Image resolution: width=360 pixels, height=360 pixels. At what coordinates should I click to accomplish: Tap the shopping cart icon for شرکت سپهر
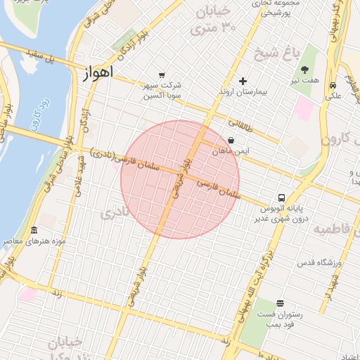click(x=162, y=75)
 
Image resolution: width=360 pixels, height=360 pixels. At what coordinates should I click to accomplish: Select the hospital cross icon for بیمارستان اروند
click(x=243, y=81)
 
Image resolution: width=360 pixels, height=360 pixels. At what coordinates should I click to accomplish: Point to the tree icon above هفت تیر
click(x=305, y=70)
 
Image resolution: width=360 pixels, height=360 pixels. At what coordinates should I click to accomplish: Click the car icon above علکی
click(x=332, y=85)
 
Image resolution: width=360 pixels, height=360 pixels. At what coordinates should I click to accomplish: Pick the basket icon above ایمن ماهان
click(x=231, y=140)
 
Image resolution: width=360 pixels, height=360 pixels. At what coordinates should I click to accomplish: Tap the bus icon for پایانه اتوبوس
click(x=281, y=198)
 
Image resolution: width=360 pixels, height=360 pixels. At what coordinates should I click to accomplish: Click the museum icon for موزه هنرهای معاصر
click(x=34, y=231)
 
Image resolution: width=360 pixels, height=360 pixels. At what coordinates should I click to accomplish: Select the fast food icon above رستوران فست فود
click(x=281, y=303)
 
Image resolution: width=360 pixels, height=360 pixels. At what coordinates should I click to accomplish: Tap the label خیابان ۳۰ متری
click(x=216, y=21)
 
